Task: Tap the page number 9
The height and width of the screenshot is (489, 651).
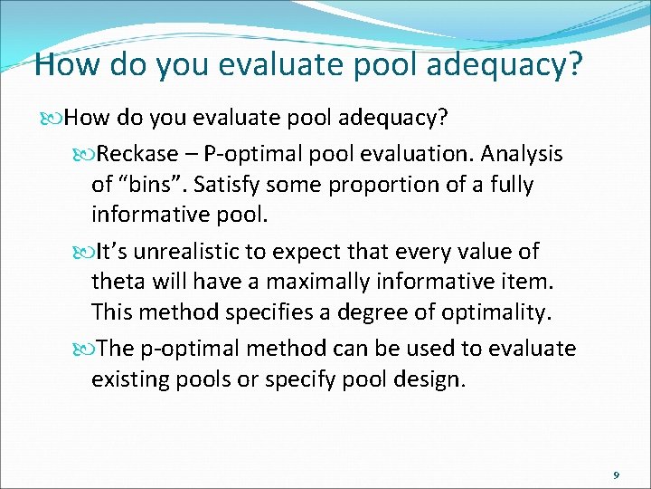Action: tap(616, 475)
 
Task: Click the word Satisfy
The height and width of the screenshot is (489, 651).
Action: tap(225, 185)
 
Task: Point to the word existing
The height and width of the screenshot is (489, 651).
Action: tap(127, 379)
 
